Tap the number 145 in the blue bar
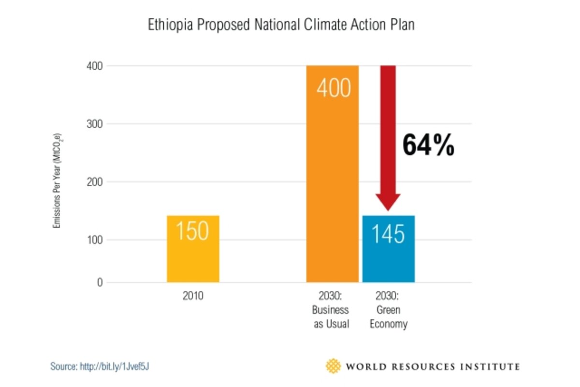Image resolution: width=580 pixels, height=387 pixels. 388,234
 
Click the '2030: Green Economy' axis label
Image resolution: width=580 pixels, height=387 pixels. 388,310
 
